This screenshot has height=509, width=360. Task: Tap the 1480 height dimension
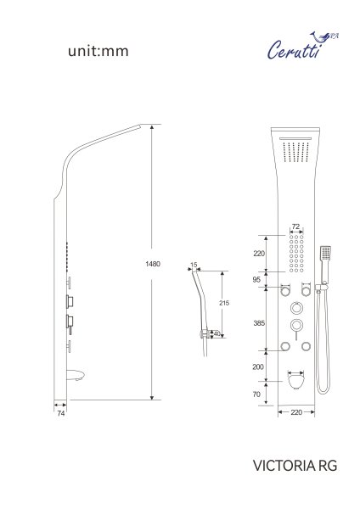pyautogui.click(x=153, y=264)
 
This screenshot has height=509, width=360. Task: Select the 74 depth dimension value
pyautogui.click(x=60, y=416)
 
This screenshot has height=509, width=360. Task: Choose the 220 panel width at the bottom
pyautogui.click(x=295, y=413)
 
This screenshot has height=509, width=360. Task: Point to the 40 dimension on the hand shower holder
pyautogui.click(x=217, y=333)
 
